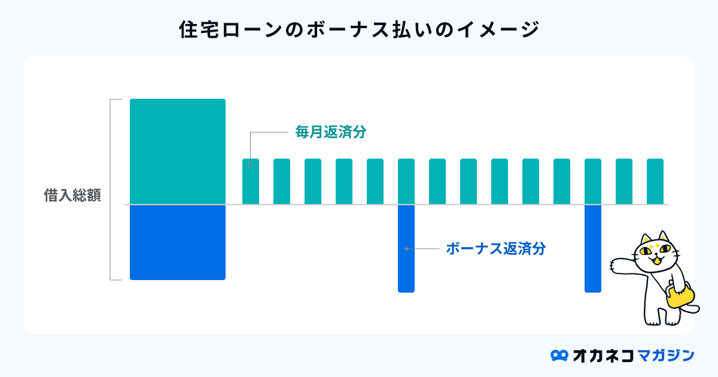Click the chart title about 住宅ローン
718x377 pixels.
click(360, 29)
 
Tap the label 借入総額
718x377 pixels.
click(72, 195)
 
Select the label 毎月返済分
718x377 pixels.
click(331, 132)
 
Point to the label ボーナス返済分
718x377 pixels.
click(496, 248)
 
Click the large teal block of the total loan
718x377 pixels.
click(178, 151)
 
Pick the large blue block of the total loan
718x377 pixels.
click(178, 242)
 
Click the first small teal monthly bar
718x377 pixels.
click(251, 181)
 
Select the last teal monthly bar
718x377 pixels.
click(655, 181)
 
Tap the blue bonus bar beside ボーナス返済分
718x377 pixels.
click(406, 249)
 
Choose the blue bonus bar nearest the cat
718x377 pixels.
click(593, 249)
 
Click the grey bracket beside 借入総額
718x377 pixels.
click(111, 190)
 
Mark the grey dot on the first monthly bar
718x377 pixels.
click(250, 165)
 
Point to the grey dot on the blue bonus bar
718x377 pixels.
click(406, 249)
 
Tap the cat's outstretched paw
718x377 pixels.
click(615, 266)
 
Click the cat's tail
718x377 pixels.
click(692, 309)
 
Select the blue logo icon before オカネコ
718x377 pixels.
click(559, 355)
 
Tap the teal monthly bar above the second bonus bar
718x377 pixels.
click(593, 181)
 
